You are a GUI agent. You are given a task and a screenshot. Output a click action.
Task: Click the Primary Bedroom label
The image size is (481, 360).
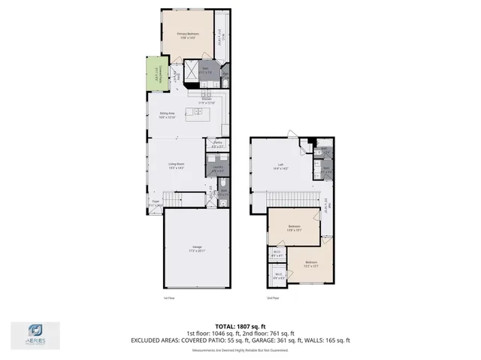[x=186, y=35]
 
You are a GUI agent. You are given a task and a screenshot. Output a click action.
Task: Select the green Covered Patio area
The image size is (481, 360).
[x=157, y=74]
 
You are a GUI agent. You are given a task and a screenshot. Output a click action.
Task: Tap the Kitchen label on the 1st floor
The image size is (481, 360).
[x=205, y=100]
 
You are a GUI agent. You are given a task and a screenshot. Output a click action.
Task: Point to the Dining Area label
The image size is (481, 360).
[x=167, y=115]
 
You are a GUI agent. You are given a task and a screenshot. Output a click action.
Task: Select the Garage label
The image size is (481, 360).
[x=197, y=249]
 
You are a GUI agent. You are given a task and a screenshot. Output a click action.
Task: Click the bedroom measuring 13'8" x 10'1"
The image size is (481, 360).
[x=294, y=228]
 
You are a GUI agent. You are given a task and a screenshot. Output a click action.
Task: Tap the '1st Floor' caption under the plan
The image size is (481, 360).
[x=169, y=298]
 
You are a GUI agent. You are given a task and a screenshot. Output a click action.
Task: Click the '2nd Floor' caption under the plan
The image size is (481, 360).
[x=274, y=298]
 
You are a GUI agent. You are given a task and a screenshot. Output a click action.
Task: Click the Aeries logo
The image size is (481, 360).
[x=35, y=334]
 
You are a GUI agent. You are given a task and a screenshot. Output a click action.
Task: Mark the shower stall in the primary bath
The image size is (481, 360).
[x=191, y=73]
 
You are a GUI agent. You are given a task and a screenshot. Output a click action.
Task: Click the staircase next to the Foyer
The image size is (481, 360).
[x=183, y=199]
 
